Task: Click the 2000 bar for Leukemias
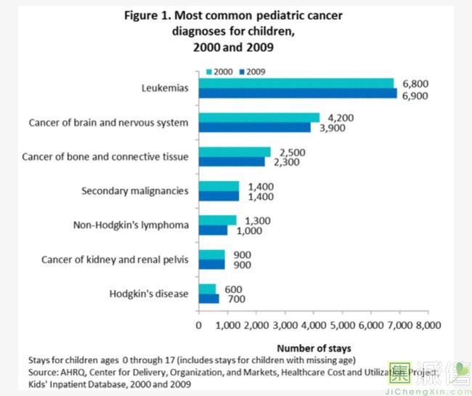296,83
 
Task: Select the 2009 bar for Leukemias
298,93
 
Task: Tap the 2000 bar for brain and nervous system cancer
259,118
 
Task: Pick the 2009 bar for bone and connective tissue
232,162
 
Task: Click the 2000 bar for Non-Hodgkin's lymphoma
217,220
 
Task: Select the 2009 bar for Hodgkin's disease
208,299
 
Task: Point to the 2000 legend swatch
209,71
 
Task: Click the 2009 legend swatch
241,71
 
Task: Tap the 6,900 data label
415,94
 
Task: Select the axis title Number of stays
313,347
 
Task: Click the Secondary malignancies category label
134,190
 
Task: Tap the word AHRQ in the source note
73,371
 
